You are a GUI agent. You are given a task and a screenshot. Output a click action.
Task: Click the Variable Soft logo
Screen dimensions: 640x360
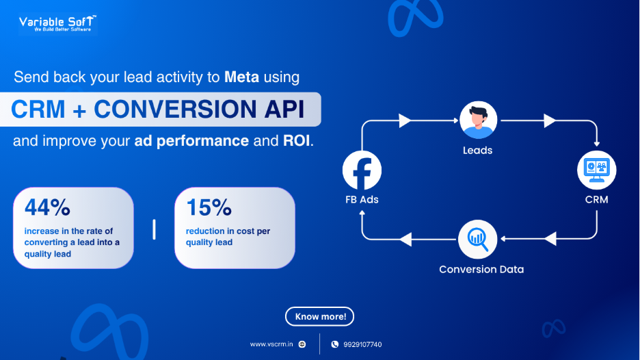coord(57,24)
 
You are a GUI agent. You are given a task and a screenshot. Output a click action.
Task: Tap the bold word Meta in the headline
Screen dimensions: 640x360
coord(241,77)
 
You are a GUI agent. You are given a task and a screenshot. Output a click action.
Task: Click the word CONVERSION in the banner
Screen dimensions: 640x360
coord(176,109)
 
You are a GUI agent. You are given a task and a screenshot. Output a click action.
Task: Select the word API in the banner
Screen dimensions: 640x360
coord(284,109)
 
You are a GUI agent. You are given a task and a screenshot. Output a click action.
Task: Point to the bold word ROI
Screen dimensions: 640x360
coord(296,140)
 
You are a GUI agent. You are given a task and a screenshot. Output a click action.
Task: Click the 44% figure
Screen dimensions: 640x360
coord(47,207)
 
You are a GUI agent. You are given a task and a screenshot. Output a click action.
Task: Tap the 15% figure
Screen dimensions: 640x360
coord(209,207)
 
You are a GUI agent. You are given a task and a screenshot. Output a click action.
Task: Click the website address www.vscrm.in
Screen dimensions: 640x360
coord(271,344)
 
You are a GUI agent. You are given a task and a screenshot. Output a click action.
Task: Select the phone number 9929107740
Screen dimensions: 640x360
coord(362,344)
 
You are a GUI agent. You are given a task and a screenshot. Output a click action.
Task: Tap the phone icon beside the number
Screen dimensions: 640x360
coord(334,344)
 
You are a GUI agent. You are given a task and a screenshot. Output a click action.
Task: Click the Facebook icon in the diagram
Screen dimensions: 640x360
coord(362,170)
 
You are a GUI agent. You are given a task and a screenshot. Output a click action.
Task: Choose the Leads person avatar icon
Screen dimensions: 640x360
coord(478,120)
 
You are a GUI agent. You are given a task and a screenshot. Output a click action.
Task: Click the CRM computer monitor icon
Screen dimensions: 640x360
coord(597,170)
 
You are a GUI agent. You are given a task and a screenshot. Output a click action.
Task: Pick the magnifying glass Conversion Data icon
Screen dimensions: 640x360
coord(477,240)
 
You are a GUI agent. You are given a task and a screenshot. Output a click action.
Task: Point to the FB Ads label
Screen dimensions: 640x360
coord(362,199)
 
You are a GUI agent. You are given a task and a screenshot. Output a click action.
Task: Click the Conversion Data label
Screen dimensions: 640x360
coord(481,269)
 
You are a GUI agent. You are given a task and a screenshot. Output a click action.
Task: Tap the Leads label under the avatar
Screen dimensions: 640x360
coord(477,151)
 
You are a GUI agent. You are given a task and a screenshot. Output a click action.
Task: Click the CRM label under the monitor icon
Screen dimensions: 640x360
coord(597,199)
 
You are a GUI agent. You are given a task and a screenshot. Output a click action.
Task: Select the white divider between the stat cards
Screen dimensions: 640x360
coord(154,229)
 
